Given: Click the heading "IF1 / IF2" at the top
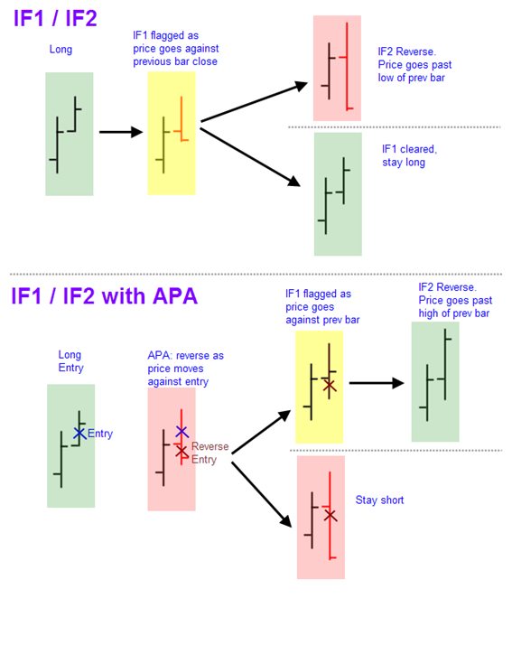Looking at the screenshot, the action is click(55, 18).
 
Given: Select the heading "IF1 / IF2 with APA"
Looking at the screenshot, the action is click(105, 296).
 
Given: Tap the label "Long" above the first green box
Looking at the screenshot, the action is click(61, 50).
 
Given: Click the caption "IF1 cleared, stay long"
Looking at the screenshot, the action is click(409, 155).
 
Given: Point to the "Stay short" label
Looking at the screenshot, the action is click(379, 500).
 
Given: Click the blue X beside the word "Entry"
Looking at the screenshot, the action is click(79, 433).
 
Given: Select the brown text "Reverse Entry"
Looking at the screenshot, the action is click(209, 453).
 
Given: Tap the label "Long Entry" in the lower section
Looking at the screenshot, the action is click(70, 361).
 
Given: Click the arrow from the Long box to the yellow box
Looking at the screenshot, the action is click(121, 132).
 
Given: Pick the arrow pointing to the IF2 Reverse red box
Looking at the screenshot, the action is click(254, 101).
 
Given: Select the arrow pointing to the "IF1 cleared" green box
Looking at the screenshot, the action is click(250, 157).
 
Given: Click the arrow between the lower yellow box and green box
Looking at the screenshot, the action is click(377, 383).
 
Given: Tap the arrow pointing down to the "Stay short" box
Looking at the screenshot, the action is click(262, 494).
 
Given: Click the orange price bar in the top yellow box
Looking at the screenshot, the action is click(182, 119).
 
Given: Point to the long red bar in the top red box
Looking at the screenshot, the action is click(347, 66).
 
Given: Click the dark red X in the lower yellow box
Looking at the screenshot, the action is click(329, 386).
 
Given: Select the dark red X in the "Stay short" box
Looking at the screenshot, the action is click(330, 516).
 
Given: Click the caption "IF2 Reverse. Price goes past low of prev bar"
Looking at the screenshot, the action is click(414, 64).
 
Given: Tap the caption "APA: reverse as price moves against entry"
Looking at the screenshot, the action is click(185, 369).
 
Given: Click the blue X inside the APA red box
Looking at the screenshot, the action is click(182, 432).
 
